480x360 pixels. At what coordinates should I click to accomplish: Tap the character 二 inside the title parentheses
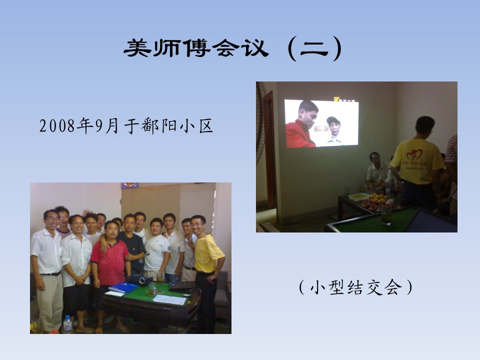[x=314, y=49]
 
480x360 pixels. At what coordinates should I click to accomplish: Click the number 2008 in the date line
[x=57, y=126]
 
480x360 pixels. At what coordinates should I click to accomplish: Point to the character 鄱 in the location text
[x=150, y=126]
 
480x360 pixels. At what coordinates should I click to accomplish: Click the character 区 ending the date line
[x=206, y=126]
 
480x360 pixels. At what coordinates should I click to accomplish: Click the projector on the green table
[x=139, y=279]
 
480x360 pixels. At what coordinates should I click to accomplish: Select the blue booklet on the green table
[x=123, y=288]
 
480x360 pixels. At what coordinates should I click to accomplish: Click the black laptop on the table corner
[x=182, y=286]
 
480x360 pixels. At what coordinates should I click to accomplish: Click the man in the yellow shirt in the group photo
[x=206, y=269]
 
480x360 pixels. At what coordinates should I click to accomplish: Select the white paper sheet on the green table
[x=170, y=299]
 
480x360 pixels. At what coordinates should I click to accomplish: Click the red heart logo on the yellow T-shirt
[x=414, y=154]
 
